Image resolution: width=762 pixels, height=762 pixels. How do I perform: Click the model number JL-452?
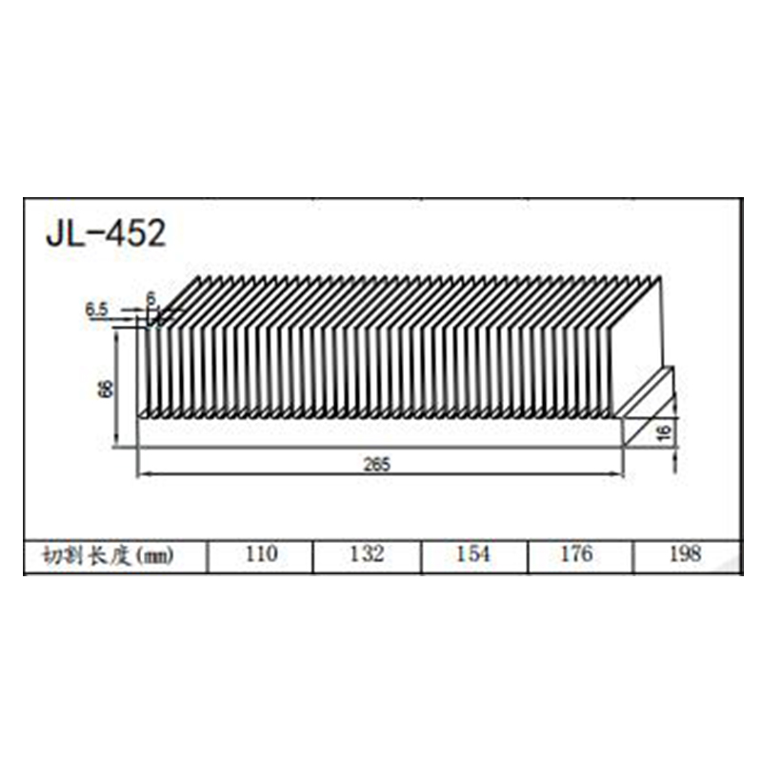pyautogui.click(x=106, y=232)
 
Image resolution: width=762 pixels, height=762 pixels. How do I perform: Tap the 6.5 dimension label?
pyautogui.click(x=97, y=309)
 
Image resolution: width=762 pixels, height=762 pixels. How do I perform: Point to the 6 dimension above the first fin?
pyautogui.click(x=150, y=298)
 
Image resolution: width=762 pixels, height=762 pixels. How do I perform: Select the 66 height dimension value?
pyautogui.click(x=106, y=389)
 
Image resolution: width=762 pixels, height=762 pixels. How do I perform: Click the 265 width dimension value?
pyautogui.click(x=378, y=465)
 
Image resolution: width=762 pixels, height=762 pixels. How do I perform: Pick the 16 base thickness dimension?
pyautogui.click(x=664, y=432)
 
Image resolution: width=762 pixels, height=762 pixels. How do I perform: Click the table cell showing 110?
pyautogui.click(x=260, y=554)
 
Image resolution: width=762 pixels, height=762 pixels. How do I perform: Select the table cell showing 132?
pyautogui.click(x=367, y=554)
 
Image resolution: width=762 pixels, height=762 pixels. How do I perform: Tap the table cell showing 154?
pyautogui.click(x=472, y=554)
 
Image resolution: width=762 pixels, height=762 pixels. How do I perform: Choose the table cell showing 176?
pyautogui.click(x=578, y=554)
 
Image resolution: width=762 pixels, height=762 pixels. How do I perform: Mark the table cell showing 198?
pyautogui.click(x=685, y=554)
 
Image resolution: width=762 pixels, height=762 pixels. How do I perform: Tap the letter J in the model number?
pyautogui.click(x=53, y=232)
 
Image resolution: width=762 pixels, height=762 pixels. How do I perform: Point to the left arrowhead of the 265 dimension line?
pyautogui.click(x=141, y=473)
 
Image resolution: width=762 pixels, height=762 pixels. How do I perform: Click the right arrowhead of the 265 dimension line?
pyautogui.click(x=621, y=473)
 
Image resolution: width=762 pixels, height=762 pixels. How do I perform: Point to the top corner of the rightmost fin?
pyautogui.click(x=660, y=278)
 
